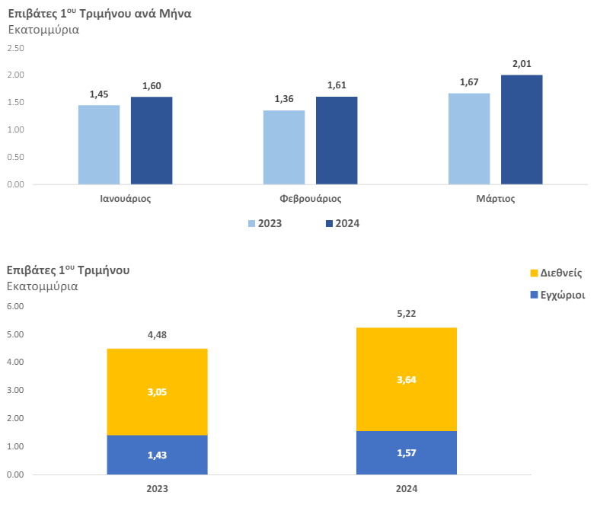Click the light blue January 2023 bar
coord(99,145)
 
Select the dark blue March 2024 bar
coord(522,129)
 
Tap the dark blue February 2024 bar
coord(337,140)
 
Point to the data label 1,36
coord(284,99)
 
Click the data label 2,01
coord(522,64)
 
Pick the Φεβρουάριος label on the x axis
coord(311,198)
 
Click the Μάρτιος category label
coord(495,198)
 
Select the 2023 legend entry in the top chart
coord(265,224)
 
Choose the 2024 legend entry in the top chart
coord(343,224)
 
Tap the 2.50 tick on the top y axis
coord(15,48)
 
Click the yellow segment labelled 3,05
coord(157,391)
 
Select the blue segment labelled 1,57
coord(407,452)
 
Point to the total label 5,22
coord(407,314)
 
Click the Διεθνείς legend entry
coord(556,273)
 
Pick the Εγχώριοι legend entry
coord(557,296)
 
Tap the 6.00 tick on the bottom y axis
coord(15,306)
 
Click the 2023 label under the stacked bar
coord(157,489)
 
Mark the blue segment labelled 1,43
coord(157,455)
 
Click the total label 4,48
coord(157,335)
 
